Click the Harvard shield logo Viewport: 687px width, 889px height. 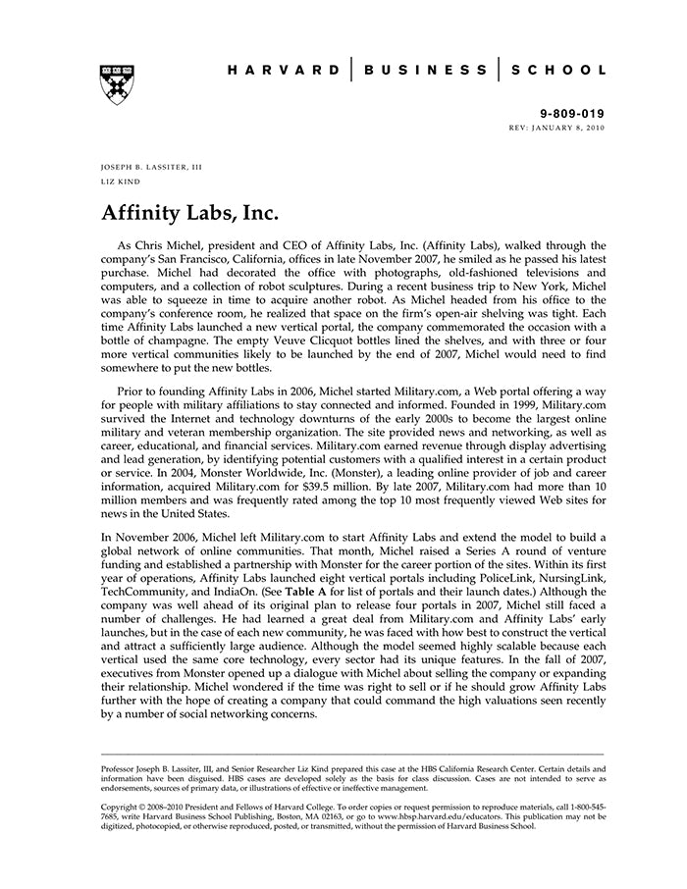click(x=117, y=84)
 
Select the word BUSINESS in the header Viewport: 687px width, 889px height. click(x=425, y=71)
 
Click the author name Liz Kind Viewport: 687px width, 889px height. click(x=120, y=182)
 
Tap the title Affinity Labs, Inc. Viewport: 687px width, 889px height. click(x=190, y=212)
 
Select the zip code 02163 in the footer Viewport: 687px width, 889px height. click(x=324, y=815)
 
